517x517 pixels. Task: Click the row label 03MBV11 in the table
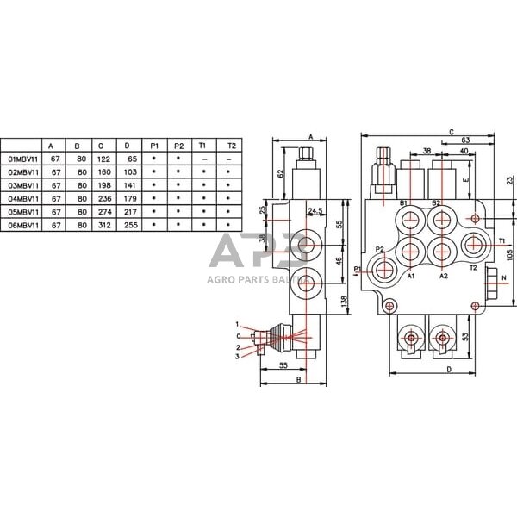tap(25, 184)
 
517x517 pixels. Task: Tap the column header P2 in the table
tap(178, 146)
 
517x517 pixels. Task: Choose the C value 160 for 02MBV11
tap(103, 172)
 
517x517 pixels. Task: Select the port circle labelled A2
tap(442, 252)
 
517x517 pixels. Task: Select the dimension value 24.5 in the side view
tap(315, 210)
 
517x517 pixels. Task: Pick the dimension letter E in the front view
tap(465, 182)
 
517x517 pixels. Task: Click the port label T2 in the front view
tap(472, 268)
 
